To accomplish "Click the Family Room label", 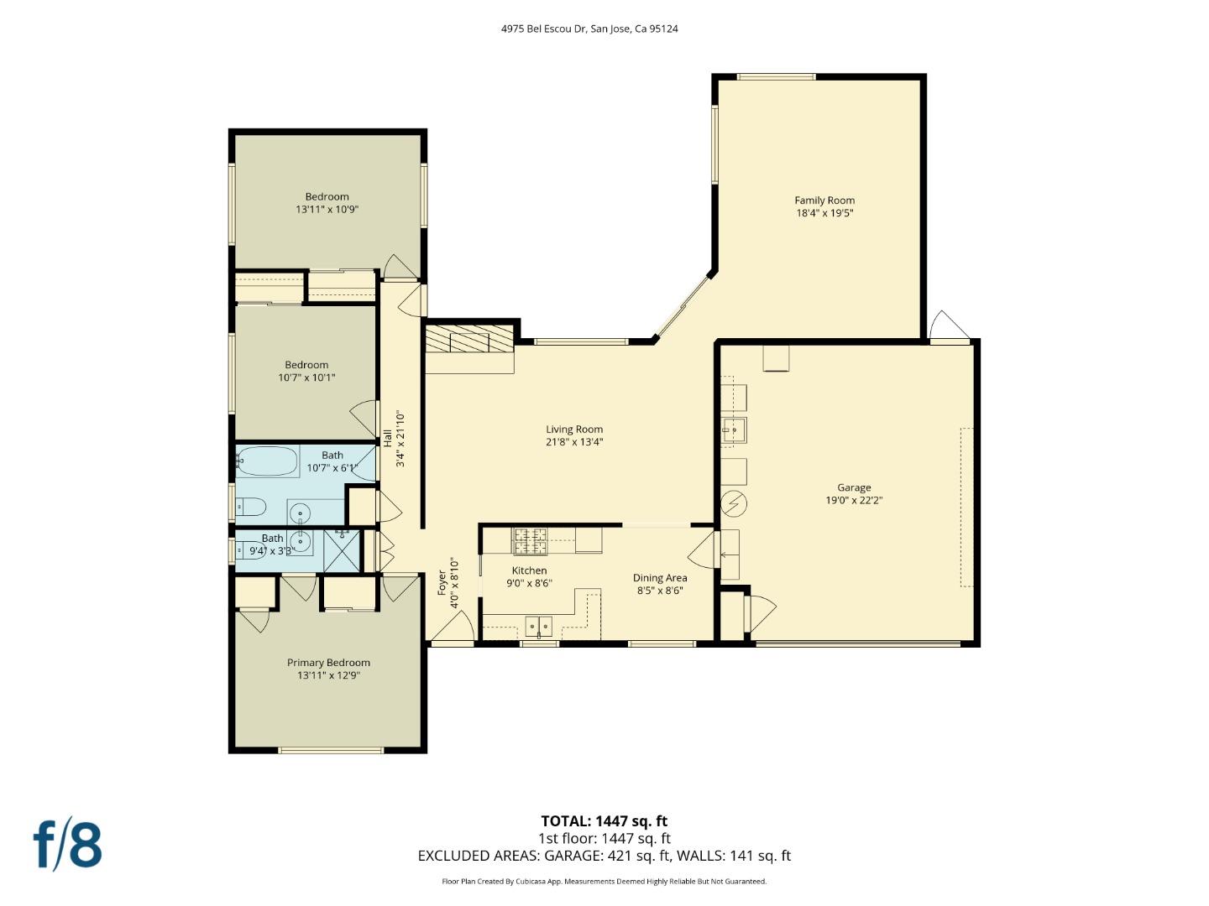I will point(824,200).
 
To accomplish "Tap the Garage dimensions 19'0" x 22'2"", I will point(854,501).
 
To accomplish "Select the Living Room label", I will point(574,430).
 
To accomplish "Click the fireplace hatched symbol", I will point(468,341).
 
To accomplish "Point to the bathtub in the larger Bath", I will point(268,461).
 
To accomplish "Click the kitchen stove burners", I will point(530,540).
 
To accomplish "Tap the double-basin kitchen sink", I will point(538,626).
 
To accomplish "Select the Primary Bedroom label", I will point(328,663).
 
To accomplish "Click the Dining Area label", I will point(660,578).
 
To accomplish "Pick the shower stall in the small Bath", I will point(342,551).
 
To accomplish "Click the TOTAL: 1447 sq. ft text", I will point(604,821).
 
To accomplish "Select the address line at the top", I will point(589,29).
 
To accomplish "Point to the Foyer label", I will point(442,583).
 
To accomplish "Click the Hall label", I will point(388,438).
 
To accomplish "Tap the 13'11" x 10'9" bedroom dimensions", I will point(327,210).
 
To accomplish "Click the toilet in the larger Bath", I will point(251,507).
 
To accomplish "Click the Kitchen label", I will point(529,570).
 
